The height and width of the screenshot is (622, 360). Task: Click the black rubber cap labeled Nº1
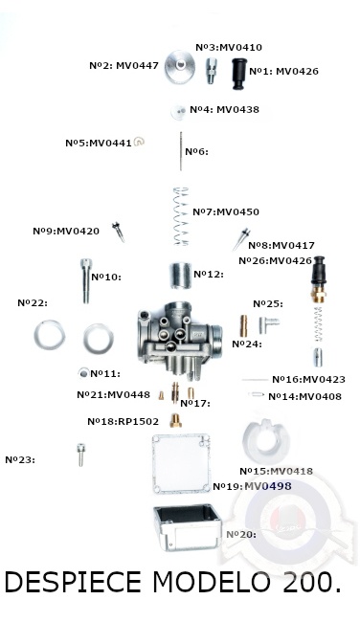[x=239, y=74]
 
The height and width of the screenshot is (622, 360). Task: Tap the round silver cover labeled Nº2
[x=180, y=67]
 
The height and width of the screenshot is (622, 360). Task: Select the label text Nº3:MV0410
[x=229, y=47]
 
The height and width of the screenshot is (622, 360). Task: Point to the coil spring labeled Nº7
[x=181, y=216]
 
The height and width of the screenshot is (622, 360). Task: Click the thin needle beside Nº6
[x=181, y=151]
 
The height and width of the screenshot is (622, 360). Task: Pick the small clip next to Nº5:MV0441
[x=139, y=142]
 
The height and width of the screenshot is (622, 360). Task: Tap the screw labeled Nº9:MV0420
[x=119, y=233]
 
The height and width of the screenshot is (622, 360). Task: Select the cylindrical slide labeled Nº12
[x=181, y=276]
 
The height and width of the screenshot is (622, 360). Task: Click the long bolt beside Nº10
[x=86, y=280]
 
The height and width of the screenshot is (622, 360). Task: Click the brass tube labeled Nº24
[x=244, y=326]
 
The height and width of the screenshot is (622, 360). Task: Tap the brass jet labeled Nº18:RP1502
[x=175, y=420]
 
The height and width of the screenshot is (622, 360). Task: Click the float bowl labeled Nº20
[x=187, y=527]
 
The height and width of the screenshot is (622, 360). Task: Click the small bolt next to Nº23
[x=81, y=455]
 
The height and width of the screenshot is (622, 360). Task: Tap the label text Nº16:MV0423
[x=308, y=380]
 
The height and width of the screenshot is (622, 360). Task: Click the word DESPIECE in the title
[x=73, y=583]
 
